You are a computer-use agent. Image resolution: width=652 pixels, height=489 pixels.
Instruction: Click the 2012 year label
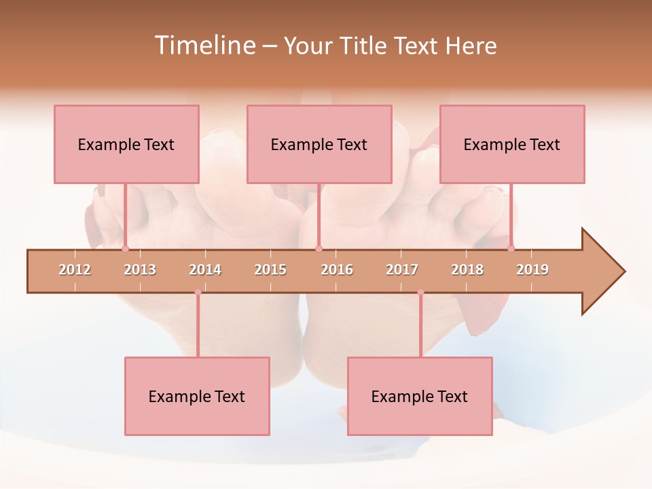pos(75,270)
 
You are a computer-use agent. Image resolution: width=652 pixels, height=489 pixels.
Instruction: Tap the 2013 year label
pos(140,270)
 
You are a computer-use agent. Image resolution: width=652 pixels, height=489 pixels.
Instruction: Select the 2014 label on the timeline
pos(205,270)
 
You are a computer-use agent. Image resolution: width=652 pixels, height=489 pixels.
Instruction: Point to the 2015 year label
pos(270,270)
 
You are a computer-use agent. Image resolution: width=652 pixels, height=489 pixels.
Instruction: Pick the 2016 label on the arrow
pos(337,270)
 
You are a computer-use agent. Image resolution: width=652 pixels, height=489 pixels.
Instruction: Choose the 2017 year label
pos(402,270)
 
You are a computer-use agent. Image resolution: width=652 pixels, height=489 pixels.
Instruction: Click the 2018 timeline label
pos(467,270)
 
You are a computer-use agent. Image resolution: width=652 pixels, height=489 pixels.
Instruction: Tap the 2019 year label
pos(532,270)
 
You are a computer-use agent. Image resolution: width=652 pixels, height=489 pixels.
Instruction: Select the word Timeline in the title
pos(204,46)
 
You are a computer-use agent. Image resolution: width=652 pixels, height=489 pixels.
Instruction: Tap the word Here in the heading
pos(471,46)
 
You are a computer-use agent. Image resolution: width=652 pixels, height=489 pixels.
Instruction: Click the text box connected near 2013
pos(126,144)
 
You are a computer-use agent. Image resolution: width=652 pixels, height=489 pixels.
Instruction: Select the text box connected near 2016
pos(319,144)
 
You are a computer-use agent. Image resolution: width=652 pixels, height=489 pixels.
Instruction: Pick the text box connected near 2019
pos(512,144)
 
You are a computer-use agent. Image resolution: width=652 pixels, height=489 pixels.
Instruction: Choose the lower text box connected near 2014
pos(197,396)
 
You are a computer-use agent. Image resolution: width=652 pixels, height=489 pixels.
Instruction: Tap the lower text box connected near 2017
pos(420,396)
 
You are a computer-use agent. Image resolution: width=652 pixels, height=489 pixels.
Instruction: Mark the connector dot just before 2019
pos(511,249)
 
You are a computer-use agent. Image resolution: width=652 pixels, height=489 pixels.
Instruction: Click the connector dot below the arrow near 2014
pos(198,293)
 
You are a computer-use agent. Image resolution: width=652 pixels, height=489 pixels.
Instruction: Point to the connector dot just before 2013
pos(125,249)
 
